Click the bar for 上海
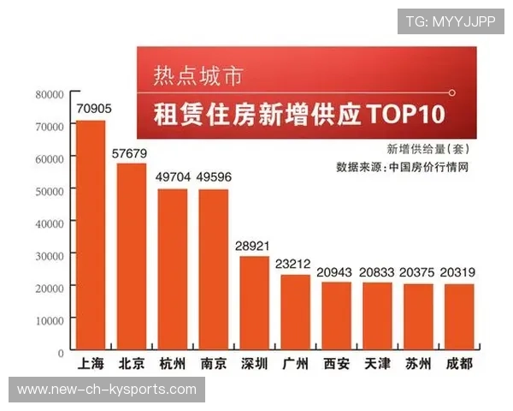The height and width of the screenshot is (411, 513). tap(91, 235)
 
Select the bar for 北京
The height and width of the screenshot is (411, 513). tap(131, 257)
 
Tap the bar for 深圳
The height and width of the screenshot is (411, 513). tap(254, 303)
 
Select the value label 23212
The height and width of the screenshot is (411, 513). tap(295, 264)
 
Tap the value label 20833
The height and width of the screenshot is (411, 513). tap(377, 271)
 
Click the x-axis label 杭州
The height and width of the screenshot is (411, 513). tap(173, 364)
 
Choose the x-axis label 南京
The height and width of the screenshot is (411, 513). tap(214, 364)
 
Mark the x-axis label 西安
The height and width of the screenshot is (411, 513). tap(336, 364)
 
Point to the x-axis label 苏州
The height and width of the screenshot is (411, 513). tap(417, 364)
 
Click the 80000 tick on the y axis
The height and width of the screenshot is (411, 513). tap(50, 94)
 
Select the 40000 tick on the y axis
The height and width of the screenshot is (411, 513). tap(50, 223)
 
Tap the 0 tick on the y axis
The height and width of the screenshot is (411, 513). tap(61, 351)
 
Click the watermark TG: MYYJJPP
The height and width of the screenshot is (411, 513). tap(451, 21)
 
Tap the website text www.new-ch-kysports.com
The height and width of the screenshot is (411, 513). tap(107, 390)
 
